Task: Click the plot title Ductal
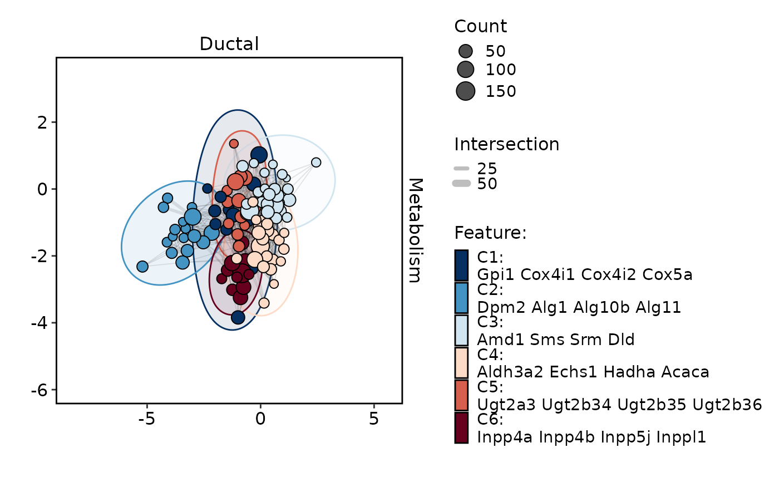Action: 229,45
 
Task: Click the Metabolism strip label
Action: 415,230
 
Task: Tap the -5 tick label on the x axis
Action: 147,418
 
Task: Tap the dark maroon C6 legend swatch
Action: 461,427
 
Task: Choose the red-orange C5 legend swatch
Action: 461,395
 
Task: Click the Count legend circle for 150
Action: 465,91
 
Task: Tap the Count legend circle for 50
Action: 465,51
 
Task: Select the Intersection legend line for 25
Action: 462,169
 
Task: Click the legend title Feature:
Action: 490,233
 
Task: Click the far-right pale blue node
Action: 316,163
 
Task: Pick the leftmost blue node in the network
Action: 142,267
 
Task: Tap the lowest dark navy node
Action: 238,317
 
